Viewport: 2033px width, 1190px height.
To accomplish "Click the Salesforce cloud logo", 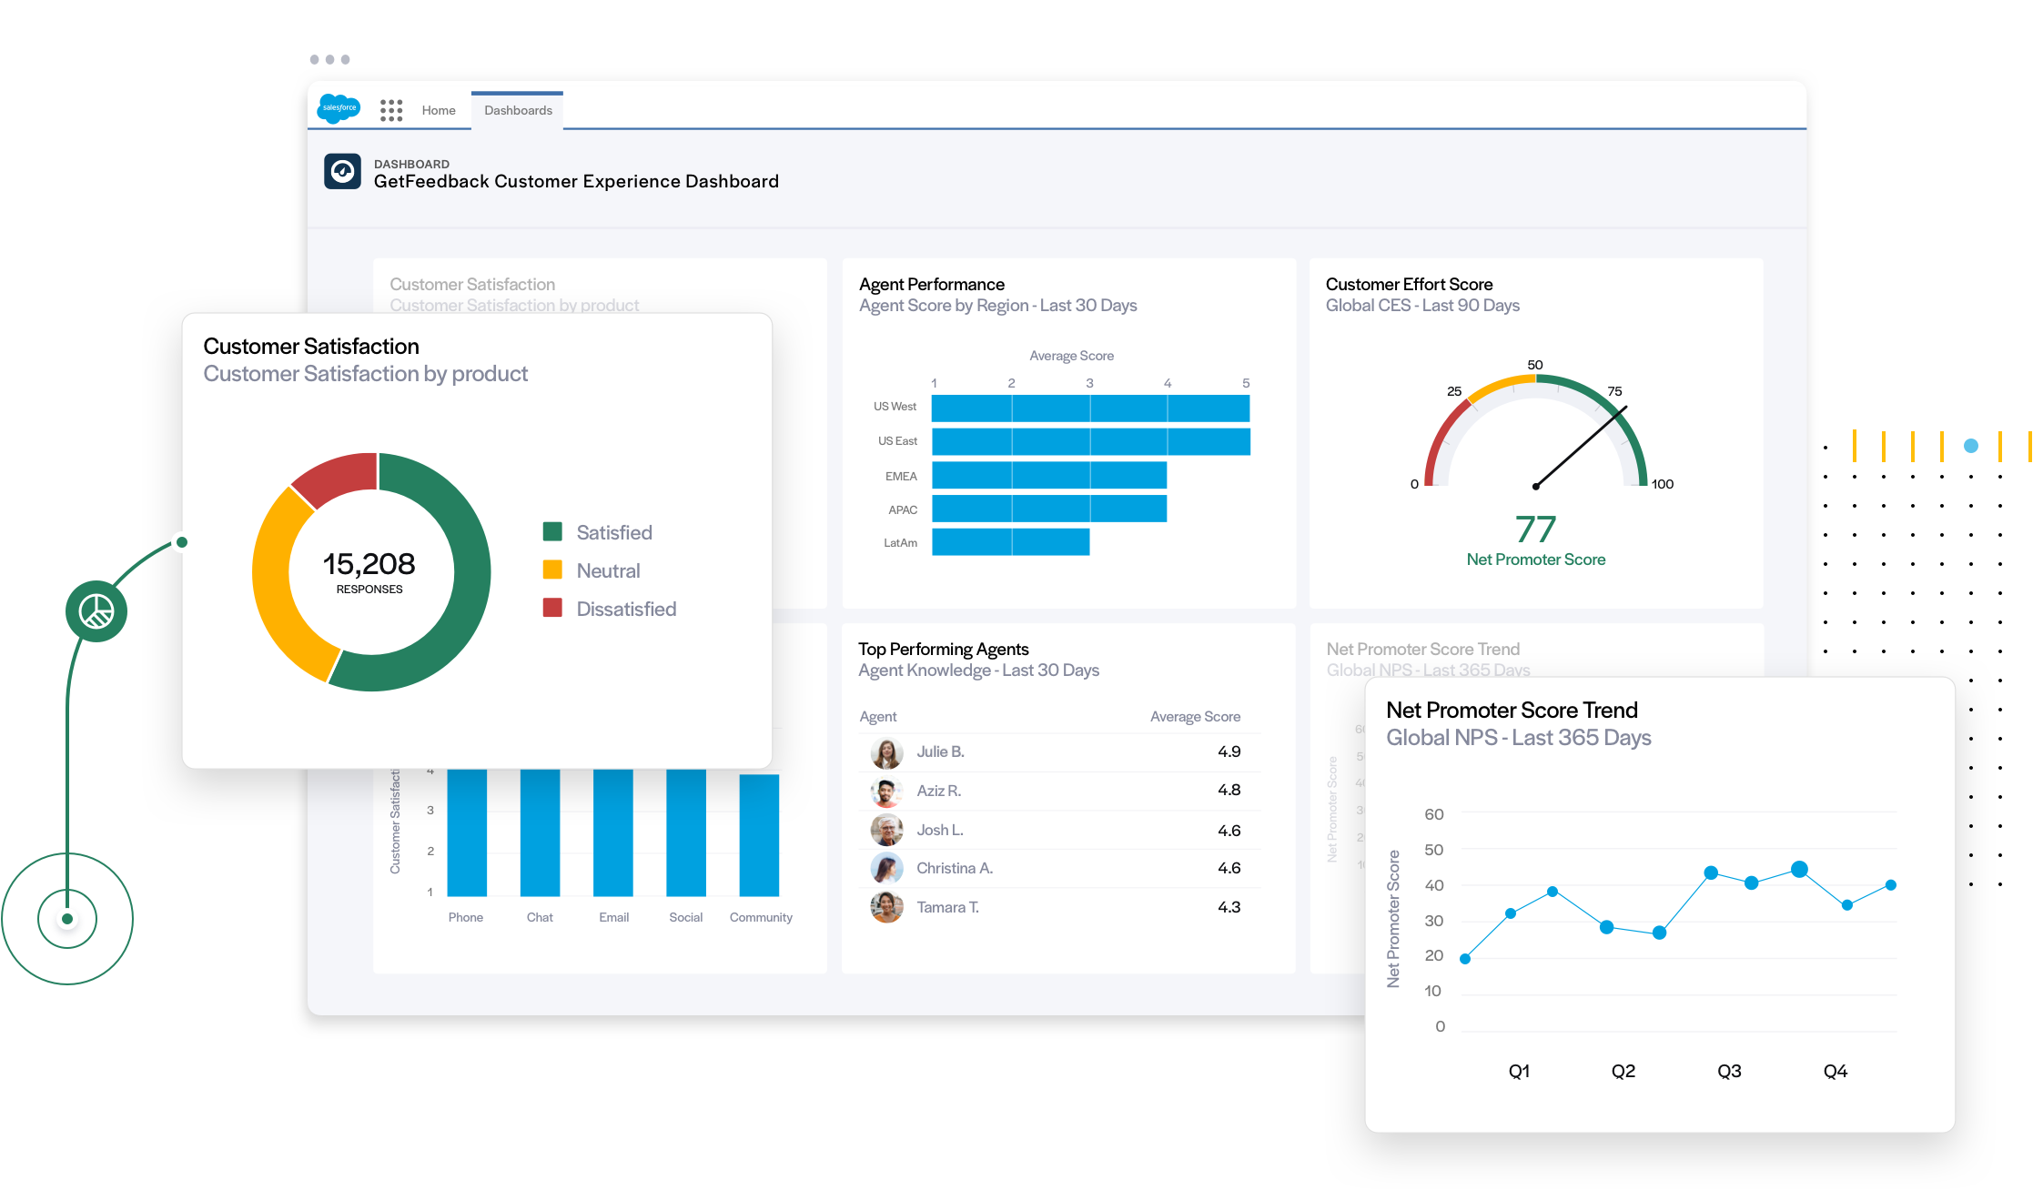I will point(339,108).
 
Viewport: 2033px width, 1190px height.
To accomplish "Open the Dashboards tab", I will point(518,110).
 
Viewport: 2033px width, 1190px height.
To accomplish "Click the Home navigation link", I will point(439,110).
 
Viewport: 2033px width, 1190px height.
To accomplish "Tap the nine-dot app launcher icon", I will point(391,110).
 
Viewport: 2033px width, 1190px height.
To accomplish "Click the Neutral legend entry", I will point(607,570).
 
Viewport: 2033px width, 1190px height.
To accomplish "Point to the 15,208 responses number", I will point(369,564).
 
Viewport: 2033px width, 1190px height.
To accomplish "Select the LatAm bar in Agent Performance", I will point(1010,542).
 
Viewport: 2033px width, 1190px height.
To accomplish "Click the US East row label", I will point(897,441).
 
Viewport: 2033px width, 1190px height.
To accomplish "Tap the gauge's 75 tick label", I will point(1614,391).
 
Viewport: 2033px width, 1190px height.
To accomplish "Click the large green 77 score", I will point(1535,529).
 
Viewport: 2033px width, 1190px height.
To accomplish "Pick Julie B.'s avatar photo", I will point(886,752).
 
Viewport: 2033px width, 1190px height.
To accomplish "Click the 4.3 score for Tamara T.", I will point(1229,907).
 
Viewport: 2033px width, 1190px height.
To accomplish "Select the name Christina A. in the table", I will point(954,868).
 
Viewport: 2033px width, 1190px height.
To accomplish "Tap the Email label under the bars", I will point(613,917).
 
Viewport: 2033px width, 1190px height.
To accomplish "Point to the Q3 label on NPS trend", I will point(1729,1071).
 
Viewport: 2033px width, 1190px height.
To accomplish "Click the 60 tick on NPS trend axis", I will point(1433,814).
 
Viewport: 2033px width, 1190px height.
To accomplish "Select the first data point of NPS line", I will point(1465,958).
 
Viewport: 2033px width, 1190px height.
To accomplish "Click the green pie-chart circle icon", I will point(96,611).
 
